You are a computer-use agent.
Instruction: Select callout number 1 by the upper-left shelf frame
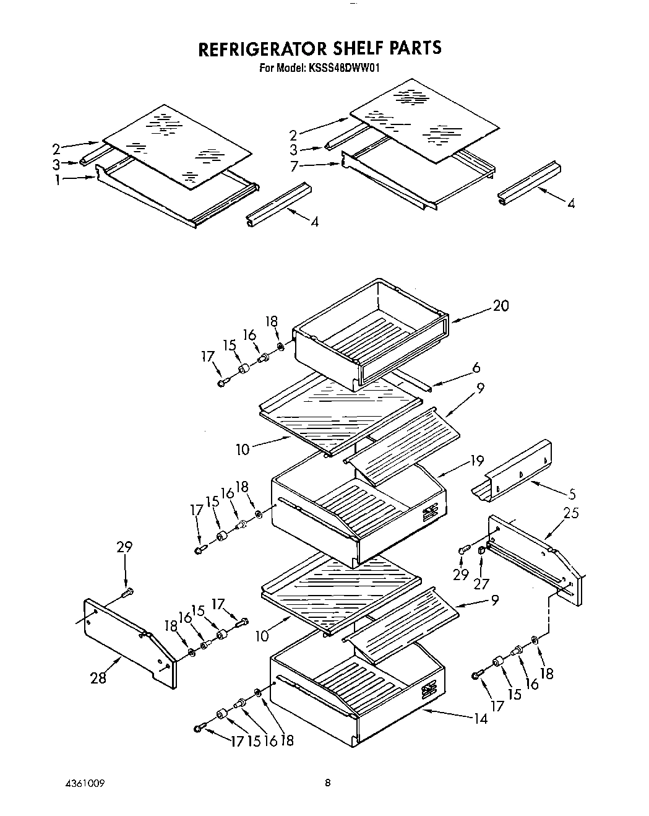[x=57, y=180]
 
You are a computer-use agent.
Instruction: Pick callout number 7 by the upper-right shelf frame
[x=294, y=166]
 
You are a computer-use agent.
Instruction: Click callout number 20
[x=501, y=305]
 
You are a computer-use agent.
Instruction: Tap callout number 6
[x=476, y=368]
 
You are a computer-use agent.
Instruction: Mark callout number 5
[x=572, y=494]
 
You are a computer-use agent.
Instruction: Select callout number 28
[x=98, y=678]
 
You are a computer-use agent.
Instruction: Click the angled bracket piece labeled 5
[x=514, y=471]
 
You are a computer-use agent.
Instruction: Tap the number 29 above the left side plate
[x=124, y=547]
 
